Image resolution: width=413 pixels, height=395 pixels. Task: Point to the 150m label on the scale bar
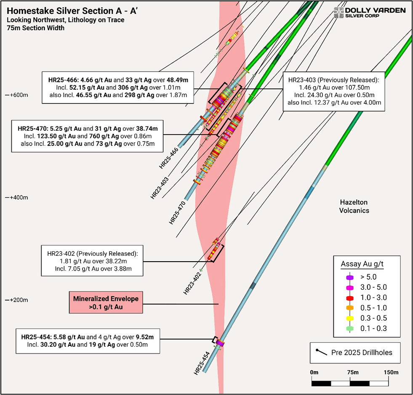[x=391, y=373]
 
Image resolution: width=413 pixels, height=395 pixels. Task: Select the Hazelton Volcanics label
[x=354, y=206]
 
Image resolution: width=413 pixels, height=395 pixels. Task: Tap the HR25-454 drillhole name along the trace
[x=202, y=363]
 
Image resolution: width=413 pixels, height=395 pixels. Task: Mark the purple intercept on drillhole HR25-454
[x=219, y=344]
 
